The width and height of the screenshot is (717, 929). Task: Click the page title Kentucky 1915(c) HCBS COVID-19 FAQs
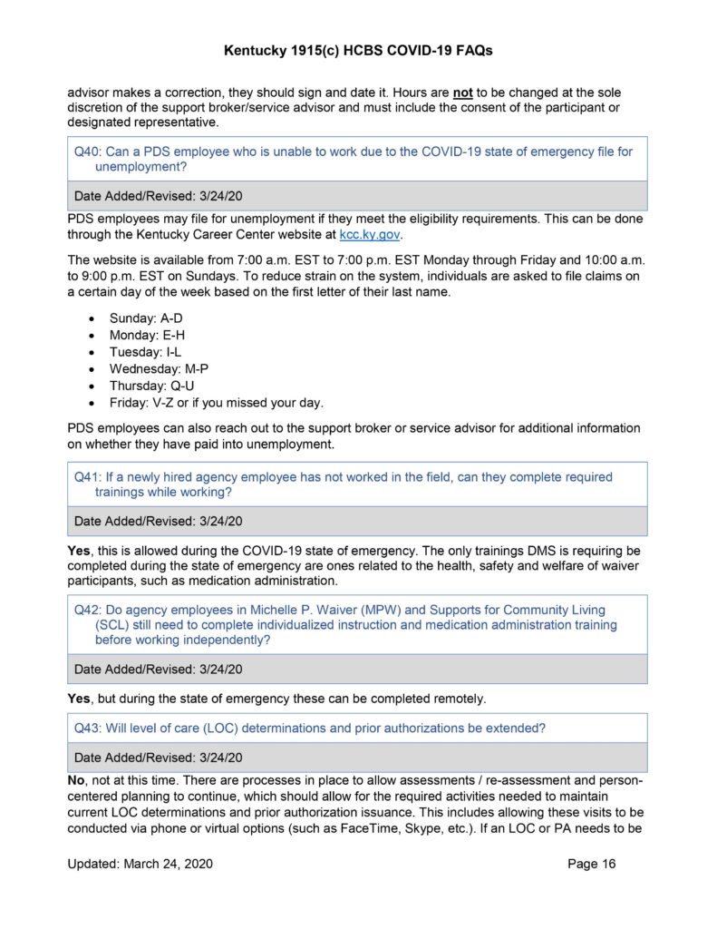click(x=358, y=52)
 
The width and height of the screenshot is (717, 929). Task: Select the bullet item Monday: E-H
click(x=148, y=336)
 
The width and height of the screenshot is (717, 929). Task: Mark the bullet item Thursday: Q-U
click(x=152, y=386)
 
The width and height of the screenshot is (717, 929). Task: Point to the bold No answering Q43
click(x=78, y=780)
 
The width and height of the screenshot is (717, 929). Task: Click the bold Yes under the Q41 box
click(x=80, y=551)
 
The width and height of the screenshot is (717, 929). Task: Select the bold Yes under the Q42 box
click(x=80, y=699)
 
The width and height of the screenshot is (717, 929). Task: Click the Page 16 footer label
click(x=591, y=864)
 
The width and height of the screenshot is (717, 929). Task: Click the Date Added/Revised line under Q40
click(x=158, y=195)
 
